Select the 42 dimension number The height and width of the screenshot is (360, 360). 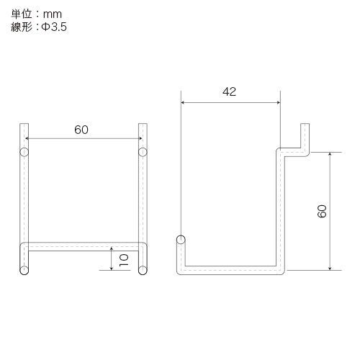[x=230, y=91]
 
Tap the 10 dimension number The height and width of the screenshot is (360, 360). [x=123, y=260]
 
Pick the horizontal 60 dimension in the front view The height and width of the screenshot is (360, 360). [x=82, y=130]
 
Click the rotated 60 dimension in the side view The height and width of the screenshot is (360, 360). [x=322, y=211]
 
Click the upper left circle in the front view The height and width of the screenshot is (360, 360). [x=24, y=152]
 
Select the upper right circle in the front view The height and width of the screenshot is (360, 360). [x=142, y=152]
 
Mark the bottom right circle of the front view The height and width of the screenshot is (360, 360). [x=142, y=271]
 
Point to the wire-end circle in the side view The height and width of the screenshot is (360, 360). [x=181, y=240]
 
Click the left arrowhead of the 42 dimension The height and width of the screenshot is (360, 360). [x=184, y=103]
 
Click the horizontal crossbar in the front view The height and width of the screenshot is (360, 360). [x=83, y=246]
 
